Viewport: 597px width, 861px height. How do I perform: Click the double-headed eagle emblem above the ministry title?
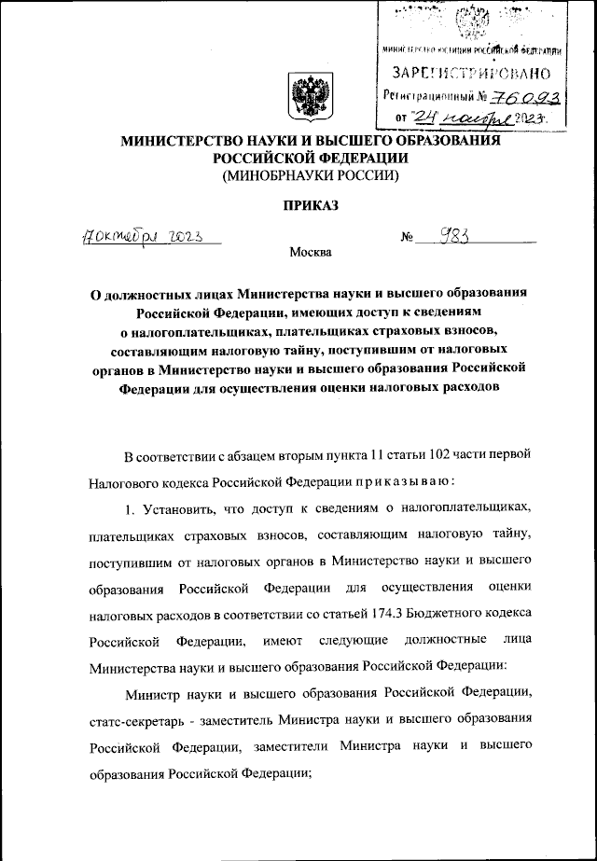coord(305,98)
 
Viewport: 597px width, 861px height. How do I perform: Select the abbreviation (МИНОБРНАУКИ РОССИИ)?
coord(304,174)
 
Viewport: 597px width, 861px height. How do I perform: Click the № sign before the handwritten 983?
coord(408,238)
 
